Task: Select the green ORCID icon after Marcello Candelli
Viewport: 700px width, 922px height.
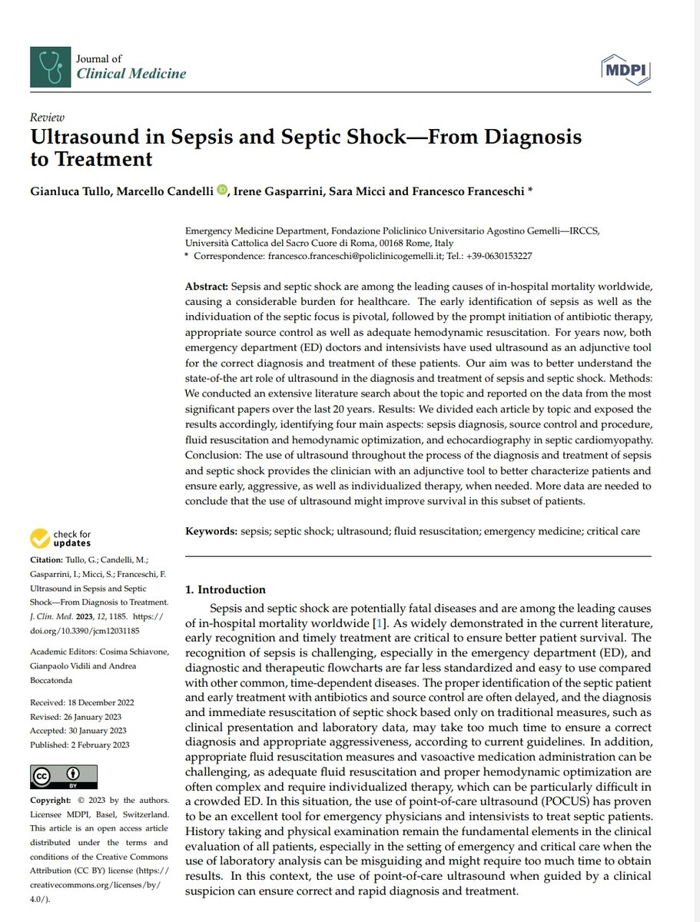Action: pos(223,190)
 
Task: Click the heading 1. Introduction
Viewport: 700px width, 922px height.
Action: pos(227,589)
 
